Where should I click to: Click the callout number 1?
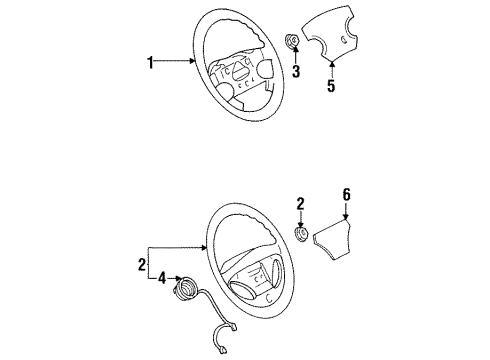(x=150, y=62)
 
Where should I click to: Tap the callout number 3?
(x=296, y=71)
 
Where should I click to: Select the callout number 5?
(x=330, y=85)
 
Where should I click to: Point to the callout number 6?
(x=347, y=195)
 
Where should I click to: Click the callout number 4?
(x=162, y=278)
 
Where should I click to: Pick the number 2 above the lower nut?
(x=300, y=204)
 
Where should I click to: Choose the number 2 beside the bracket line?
(x=142, y=265)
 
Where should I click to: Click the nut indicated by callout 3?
(x=293, y=42)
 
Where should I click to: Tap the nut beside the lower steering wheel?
(x=302, y=233)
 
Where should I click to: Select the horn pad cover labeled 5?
(x=327, y=32)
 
